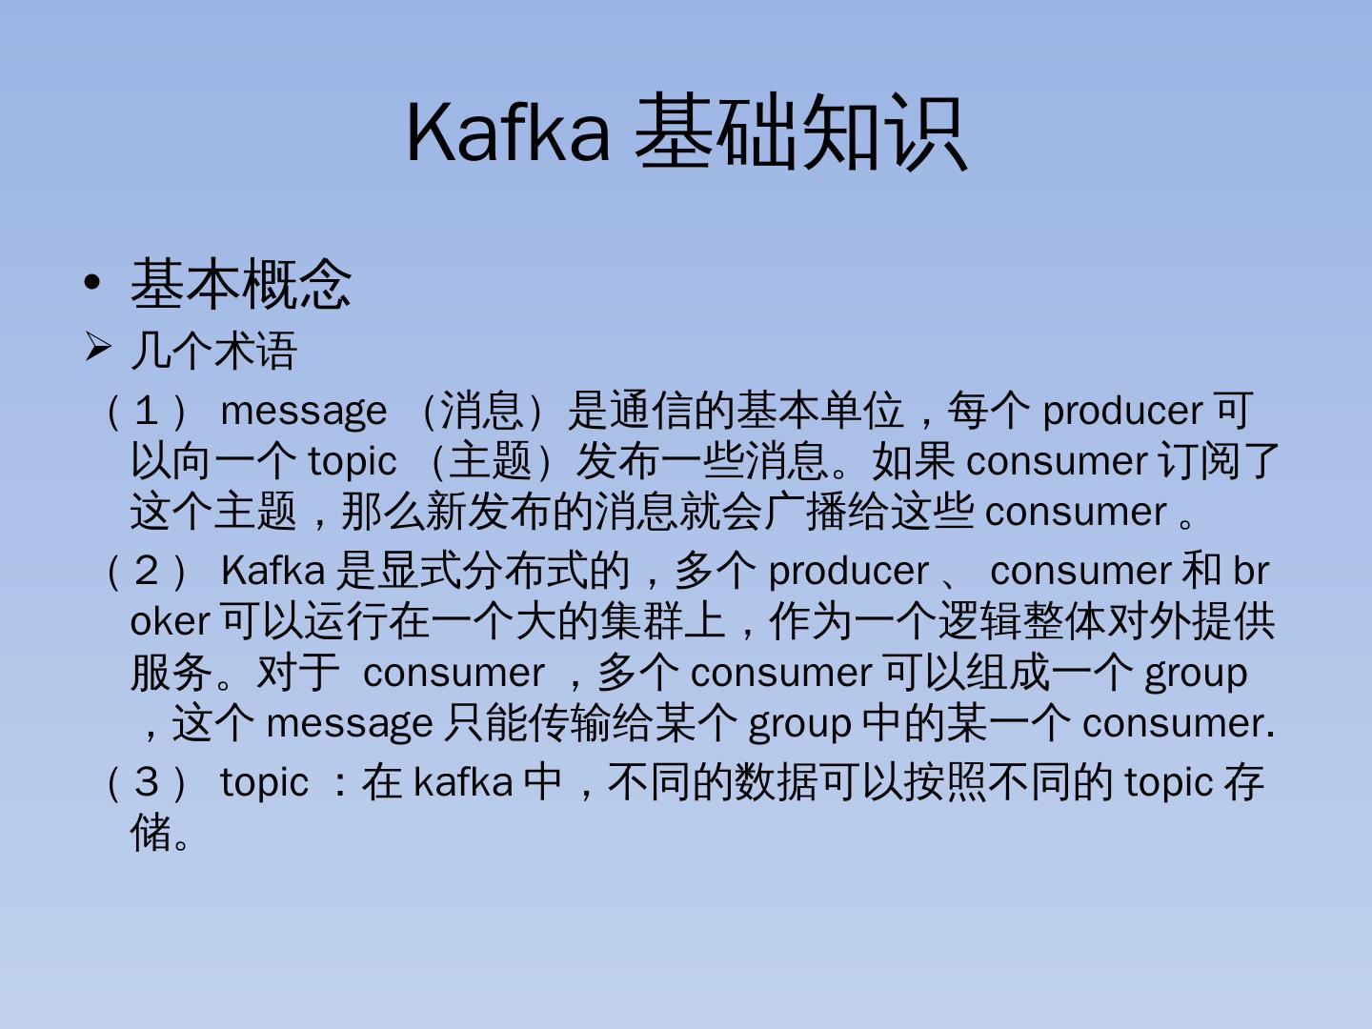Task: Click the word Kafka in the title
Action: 507,131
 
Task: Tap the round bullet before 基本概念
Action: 92,283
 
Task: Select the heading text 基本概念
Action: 240,283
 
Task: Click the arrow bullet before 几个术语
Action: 97,348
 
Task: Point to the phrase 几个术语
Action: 213,350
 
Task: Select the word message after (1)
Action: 303,411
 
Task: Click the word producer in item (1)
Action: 1121,411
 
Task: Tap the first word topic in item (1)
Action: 352,461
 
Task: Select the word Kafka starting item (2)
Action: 272,571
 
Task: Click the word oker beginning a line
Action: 170,621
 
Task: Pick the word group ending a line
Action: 1195,673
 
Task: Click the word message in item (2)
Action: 349,723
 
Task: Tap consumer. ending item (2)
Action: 1178,723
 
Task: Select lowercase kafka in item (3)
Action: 463,782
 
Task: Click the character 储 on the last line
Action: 151,832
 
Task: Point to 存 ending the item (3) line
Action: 1244,782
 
